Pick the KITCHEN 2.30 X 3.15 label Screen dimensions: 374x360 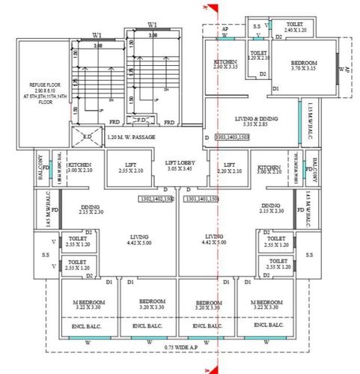[225, 64]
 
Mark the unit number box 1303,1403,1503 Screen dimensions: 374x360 [232, 138]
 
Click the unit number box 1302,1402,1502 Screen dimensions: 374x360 [158, 199]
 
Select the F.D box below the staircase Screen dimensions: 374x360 [141, 120]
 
